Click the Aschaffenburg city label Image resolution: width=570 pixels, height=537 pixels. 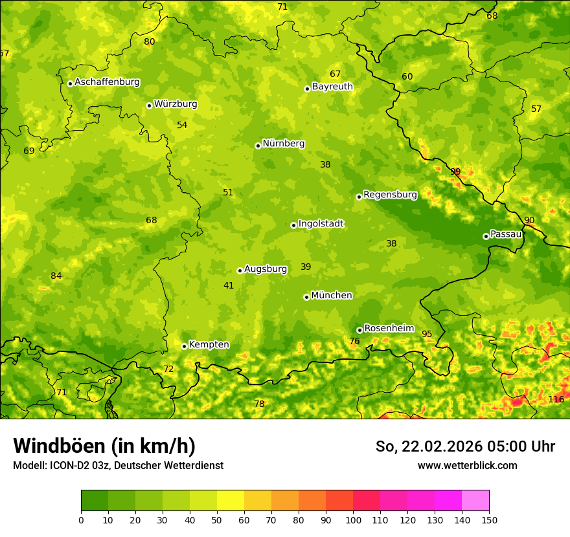tap(107, 82)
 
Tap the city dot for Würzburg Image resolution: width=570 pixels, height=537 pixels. tap(149, 105)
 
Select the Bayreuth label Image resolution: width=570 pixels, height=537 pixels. tap(332, 87)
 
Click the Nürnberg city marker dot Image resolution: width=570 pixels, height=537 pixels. tap(258, 146)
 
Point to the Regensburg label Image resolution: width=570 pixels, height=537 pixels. tap(390, 195)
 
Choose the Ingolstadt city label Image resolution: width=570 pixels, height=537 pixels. tap(321, 224)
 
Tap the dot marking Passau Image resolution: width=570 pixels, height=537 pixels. tap(486, 236)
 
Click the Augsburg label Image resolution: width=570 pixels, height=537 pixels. tap(266, 269)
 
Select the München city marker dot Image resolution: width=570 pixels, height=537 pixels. tap(306, 297)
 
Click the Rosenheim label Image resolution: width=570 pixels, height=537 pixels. tap(389, 329)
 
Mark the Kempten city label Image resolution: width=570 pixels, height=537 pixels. tap(209, 345)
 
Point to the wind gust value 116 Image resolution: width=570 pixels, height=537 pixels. tap(556, 399)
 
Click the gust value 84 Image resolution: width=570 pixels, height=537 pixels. tap(56, 276)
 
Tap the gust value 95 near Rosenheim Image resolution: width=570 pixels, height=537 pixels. tap(427, 334)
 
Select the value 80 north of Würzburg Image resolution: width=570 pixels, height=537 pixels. tap(150, 42)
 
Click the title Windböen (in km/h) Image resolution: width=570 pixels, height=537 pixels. tap(104, 446)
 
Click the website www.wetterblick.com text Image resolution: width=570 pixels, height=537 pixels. tap(467, 466)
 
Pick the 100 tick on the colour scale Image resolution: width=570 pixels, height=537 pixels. tap(353, 520)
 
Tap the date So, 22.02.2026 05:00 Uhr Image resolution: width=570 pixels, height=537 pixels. tap(465, 446)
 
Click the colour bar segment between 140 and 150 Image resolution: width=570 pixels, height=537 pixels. tap(475, 501)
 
